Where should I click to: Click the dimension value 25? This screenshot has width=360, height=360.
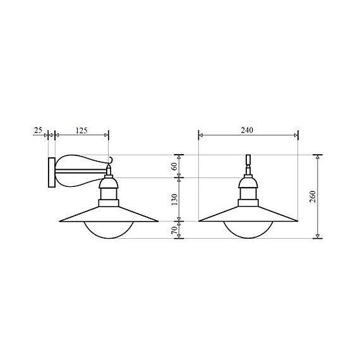click(38, 131)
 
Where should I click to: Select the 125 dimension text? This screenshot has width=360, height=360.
click(81, 131)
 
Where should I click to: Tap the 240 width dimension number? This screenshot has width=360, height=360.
click(247, 131)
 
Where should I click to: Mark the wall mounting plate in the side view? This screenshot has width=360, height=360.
click(51, 172)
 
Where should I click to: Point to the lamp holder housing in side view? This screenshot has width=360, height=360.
click(109, 191)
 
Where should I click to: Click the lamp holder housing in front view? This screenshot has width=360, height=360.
click(248, 191)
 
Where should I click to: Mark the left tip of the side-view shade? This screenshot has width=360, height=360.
click(60, 221)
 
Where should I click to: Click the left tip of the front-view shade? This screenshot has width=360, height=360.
click(200, 221)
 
